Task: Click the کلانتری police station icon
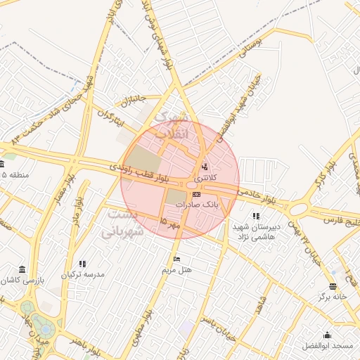204,167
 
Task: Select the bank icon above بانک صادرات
196,194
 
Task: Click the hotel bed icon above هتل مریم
176,259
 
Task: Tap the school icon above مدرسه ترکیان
83,264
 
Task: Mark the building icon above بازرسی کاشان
22,269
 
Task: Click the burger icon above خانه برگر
333,286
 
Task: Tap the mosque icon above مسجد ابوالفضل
327,335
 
